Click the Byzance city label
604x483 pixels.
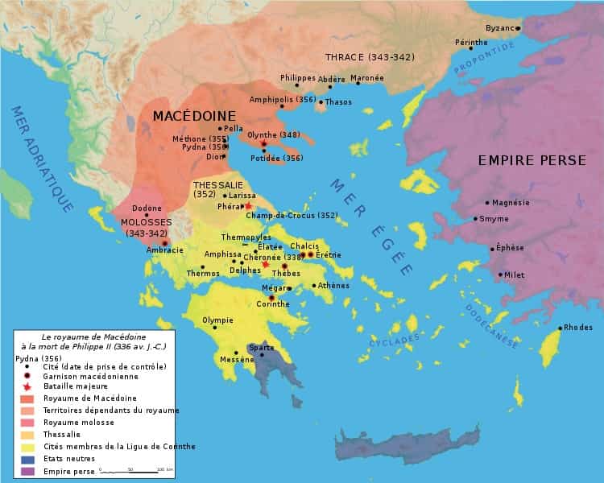(499, 27)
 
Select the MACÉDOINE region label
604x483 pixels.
(194, 115)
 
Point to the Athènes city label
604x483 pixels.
(334, 285)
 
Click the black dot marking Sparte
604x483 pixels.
(262, 355)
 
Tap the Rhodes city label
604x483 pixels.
(578, 327)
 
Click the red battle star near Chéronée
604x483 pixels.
(266, 264)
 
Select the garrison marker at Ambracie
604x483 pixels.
(164, 242)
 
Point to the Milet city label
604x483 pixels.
(514, 275)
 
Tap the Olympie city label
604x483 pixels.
(217, 320)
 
